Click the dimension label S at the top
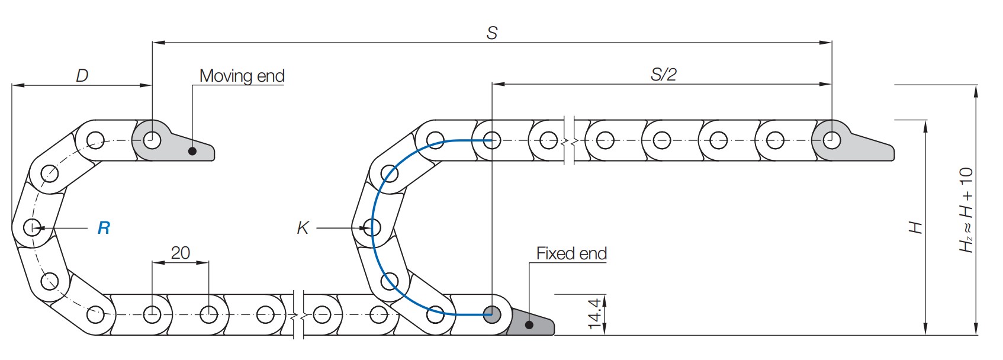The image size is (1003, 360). [x=491, y=33]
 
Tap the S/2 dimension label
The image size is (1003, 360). [x=663, y=75]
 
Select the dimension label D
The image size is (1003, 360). [x=82, y=76]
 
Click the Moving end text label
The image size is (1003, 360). [x=242, y=76]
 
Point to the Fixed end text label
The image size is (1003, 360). [x=571, y=253]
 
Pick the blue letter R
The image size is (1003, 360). [x=104, y=228]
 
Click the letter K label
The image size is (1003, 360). [x=303, y=228]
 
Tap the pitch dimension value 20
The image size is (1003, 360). [x=180, y=253]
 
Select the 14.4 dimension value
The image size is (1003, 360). [x=595, y=313]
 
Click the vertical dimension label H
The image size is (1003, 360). [x=915, y=227]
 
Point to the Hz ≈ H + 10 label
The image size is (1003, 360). [x=966, y=210]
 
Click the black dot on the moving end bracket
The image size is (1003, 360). [x=192, y=151]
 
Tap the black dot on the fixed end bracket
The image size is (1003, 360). [x=529, y=324]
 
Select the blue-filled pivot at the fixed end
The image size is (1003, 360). [x=491, y=314]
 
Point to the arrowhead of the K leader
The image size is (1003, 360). [x=362, y=227]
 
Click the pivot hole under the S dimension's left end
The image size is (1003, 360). [x=152, y=141]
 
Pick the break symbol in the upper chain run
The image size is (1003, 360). [x=570, y=141]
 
